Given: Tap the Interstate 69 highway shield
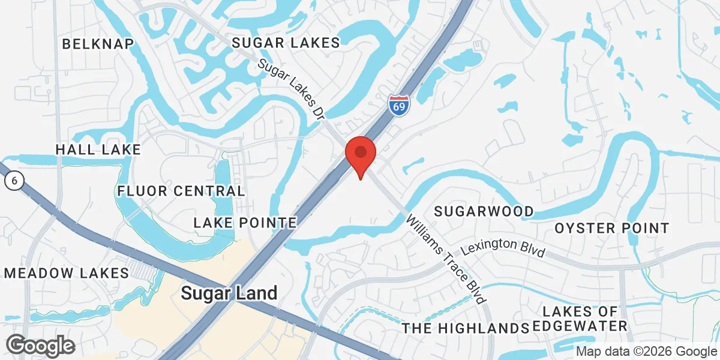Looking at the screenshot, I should pos(398,105).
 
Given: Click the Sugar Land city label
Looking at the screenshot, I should pos(229,293).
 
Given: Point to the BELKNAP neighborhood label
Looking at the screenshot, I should pos(97,43).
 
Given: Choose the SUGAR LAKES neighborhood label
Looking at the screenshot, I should pos(286,42).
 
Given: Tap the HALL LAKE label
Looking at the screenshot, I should pos(98,149).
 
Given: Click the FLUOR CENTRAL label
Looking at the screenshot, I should pos(181,191).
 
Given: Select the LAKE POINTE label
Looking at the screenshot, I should pos(245,223).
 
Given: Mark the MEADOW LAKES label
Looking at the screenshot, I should pos(66,273).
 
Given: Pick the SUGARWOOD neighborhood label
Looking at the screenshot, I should pos(484,211).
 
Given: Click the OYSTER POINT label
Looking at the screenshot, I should pos(611,228).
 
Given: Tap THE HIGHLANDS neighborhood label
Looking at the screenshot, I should pos(465,328).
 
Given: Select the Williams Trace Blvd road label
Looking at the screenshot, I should pos(445,259).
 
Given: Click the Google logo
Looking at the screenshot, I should pos(41,346).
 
